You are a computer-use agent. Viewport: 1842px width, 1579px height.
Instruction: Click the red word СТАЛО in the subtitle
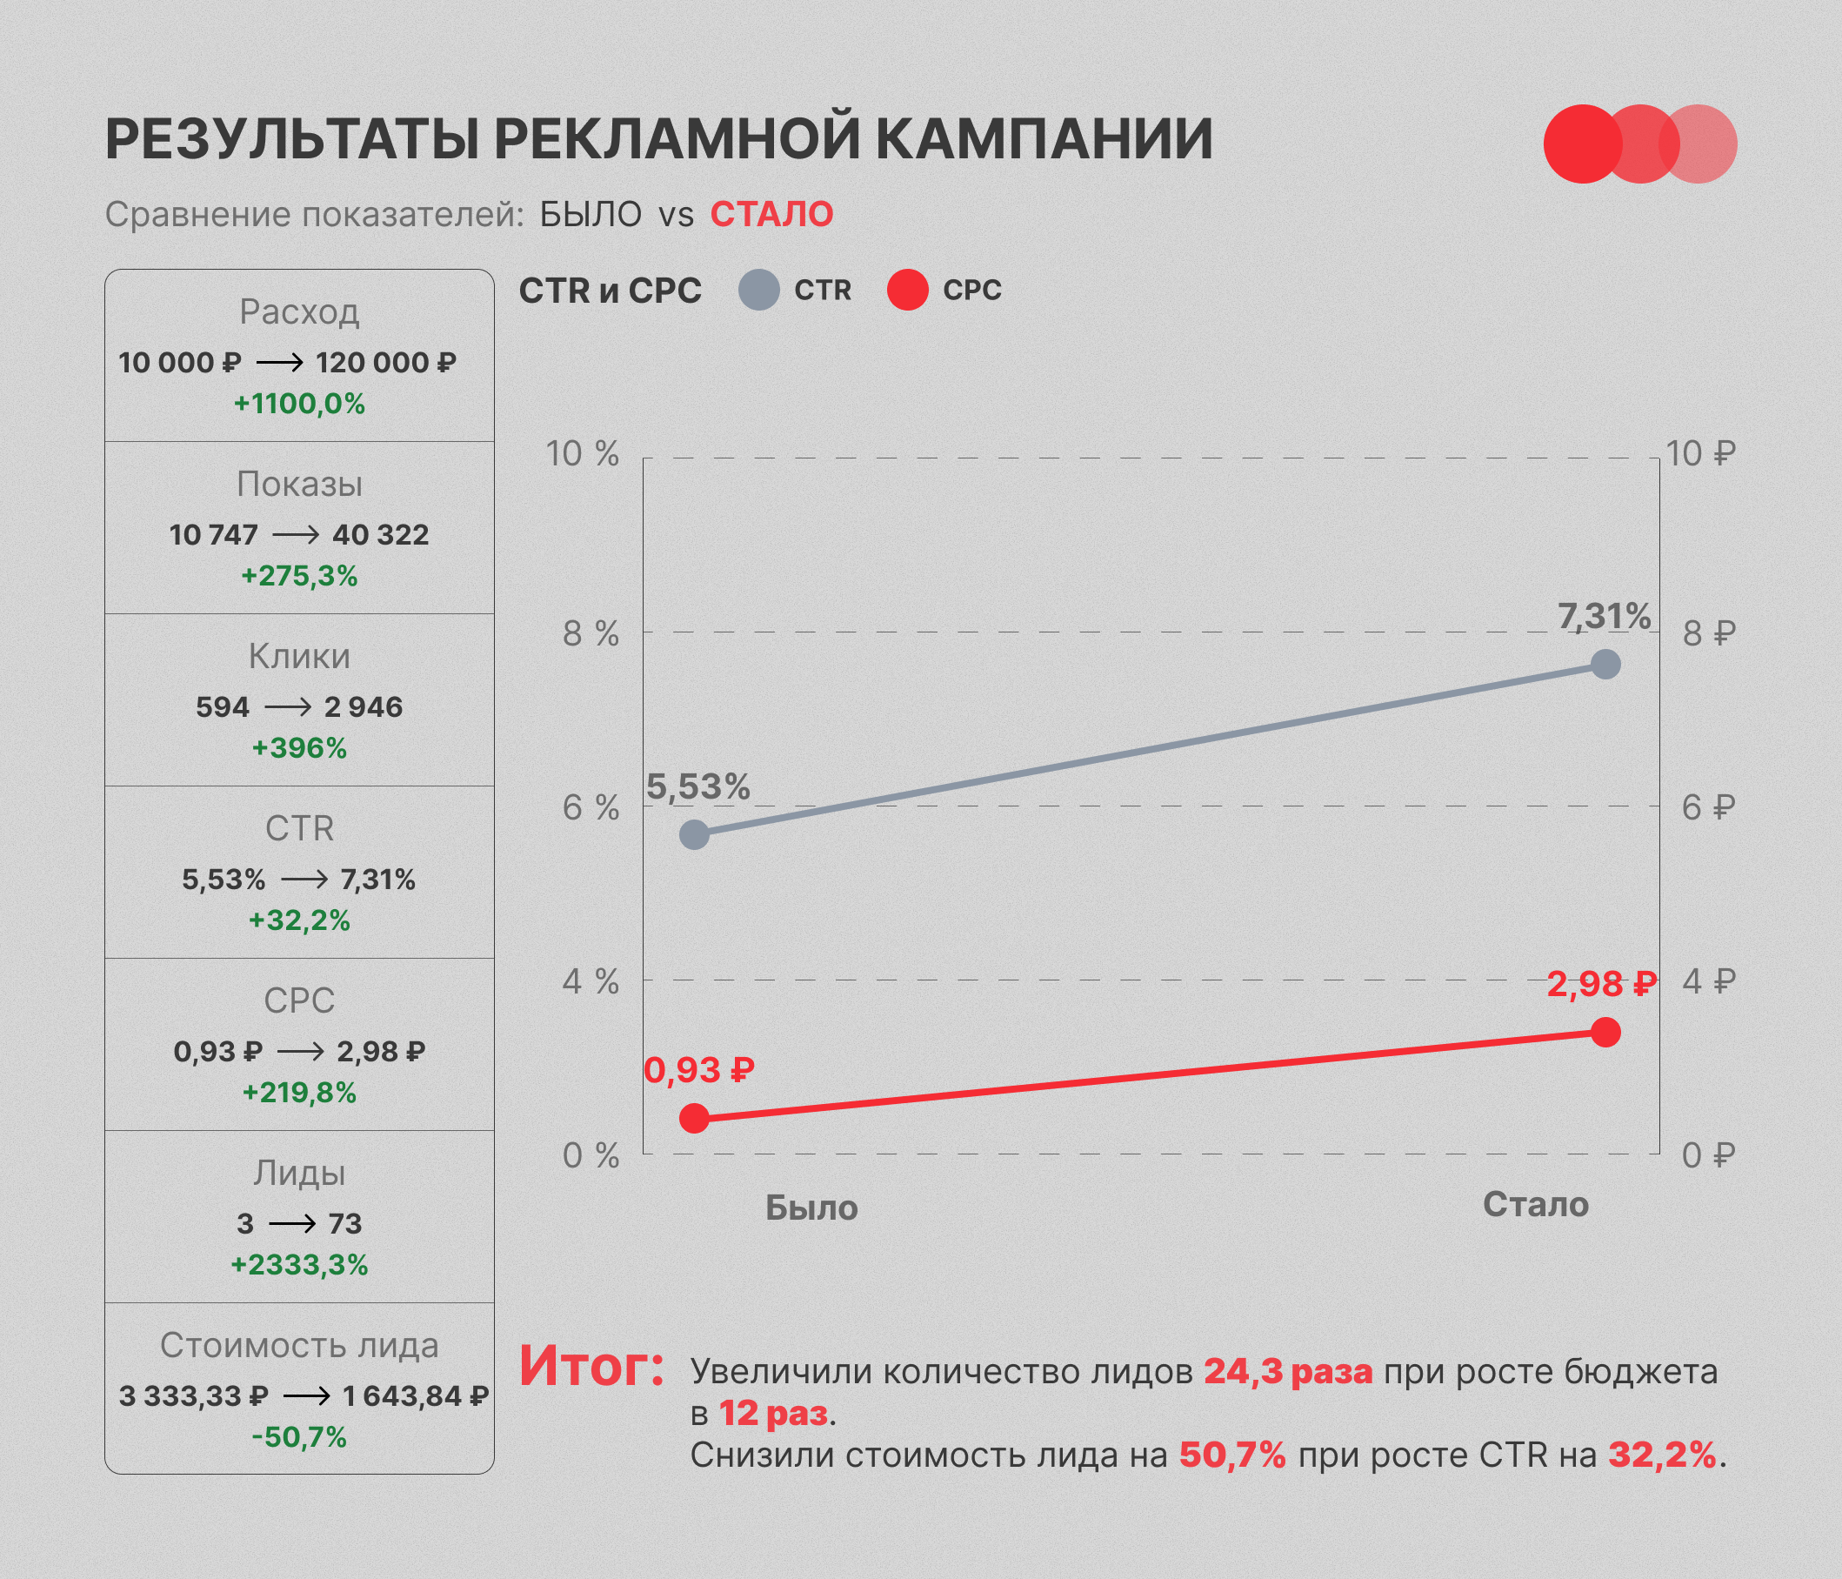click(771, 214)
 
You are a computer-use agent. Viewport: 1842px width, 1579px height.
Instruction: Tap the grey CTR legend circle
click(759, 290)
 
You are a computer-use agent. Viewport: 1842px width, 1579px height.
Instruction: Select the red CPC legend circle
click(908, 290)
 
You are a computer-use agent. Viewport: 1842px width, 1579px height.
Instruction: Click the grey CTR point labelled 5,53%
click(694, 834)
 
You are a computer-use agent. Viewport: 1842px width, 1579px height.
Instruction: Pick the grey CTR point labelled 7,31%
click(1605, 663)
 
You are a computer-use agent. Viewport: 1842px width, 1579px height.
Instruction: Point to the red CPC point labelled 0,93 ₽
click(694, 1118)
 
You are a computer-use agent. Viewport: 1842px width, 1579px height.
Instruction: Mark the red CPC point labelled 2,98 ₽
click(1605, 1032)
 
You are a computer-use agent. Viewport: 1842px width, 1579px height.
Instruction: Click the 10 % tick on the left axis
click(583, 453)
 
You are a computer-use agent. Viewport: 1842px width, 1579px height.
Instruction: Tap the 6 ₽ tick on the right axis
click(1708, 807)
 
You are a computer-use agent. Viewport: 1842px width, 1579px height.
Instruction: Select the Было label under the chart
click(811, 1208)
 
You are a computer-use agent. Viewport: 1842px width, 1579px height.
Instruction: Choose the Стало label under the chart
click(1535, 1205)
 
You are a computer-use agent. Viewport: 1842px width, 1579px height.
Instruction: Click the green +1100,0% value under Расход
click(299, 404)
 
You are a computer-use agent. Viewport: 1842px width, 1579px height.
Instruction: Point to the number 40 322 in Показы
click(381, 534)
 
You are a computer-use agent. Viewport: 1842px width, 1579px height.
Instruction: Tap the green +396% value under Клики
click(299, 747)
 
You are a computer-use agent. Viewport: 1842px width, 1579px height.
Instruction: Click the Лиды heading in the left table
click(299, 1174)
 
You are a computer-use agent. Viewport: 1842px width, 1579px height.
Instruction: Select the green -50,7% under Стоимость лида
click(299, 1436)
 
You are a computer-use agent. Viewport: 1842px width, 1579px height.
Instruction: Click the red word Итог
click(592, 1366)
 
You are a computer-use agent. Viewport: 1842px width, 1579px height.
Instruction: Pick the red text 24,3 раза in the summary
click(1288, 1372)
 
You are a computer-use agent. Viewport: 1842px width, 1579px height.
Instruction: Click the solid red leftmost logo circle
click(1583, 144)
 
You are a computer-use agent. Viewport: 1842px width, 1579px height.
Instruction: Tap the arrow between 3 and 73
click(291, 1224)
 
